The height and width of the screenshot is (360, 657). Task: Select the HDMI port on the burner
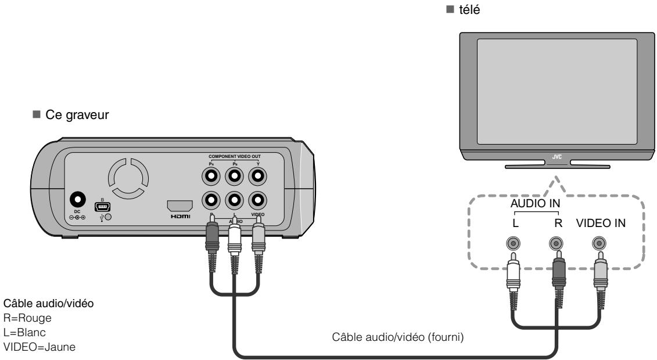179,206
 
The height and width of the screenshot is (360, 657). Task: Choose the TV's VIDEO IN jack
597,244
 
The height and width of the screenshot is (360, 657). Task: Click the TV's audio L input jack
513,244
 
